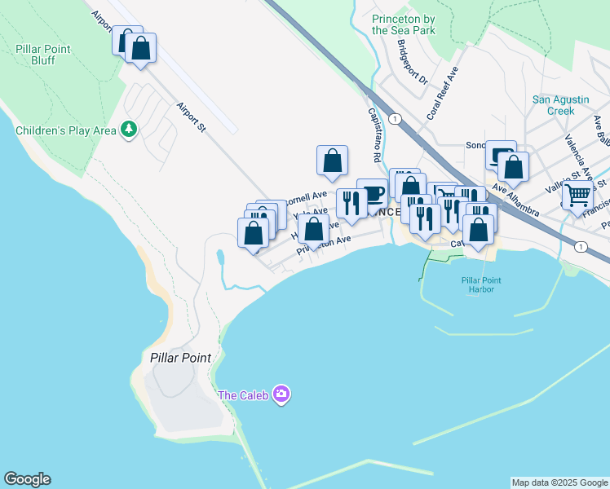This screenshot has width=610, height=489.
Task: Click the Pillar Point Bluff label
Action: (x=43, y=55)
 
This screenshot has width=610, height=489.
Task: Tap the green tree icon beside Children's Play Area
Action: (x=129, y=129)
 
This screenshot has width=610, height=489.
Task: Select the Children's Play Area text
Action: (x=65, y=130)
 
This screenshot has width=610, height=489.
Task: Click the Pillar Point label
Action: (x=180, y=358)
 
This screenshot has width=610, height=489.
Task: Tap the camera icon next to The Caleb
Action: (x=281, y=395)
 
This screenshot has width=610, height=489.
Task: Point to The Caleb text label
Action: (x=243, y=396)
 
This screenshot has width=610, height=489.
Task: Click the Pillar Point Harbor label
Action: (x=481, y=285)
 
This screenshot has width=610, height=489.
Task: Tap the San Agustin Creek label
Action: (x=560, y=105)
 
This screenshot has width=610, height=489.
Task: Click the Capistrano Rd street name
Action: (x=375, y=134)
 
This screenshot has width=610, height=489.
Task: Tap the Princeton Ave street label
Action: (x=324, y=245)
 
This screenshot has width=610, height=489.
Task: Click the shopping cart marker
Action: (x=577, y=196)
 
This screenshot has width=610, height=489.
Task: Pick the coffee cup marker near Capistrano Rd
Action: (x=372, y=195)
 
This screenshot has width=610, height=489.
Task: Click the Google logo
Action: (x=27, y=479)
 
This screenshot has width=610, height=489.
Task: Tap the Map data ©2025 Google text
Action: (x=559, y=482)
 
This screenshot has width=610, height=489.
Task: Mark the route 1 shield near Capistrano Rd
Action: (x=396, y=119)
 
